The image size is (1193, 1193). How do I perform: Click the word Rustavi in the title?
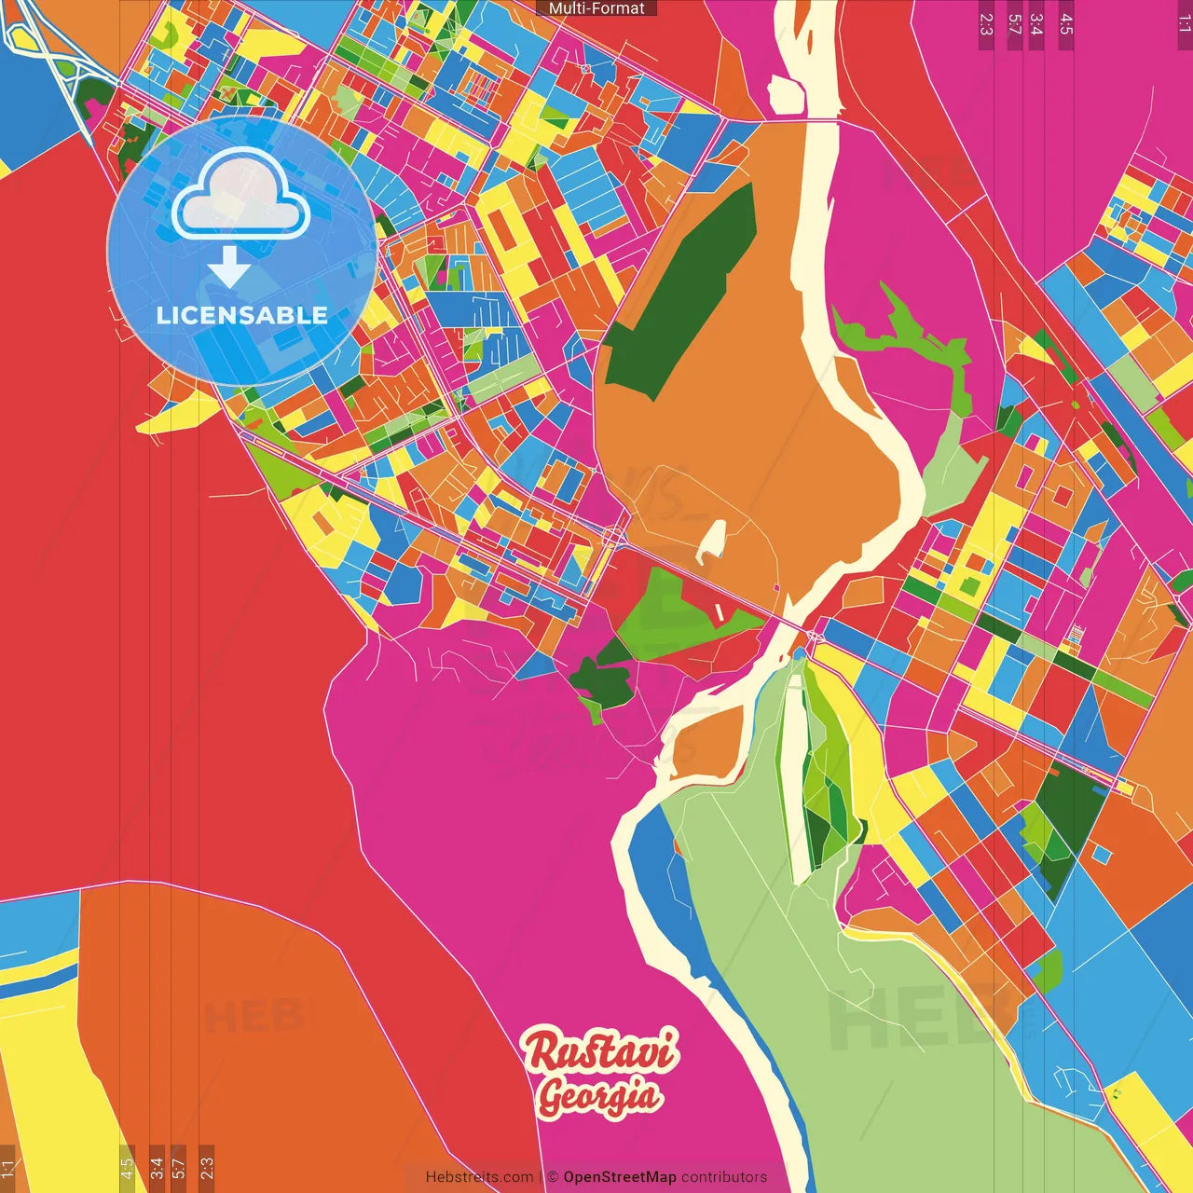pyautogui.click(x=599, y=1050)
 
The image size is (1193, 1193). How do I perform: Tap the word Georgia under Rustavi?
pyautogui.click(x=599, y=1096)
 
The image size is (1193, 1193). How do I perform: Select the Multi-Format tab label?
pyautogui.click(x=596, y=8)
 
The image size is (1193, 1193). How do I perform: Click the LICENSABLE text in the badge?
pyautogui.click(x=241, y=315)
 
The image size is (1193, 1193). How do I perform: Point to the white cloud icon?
pyautogui.click(x=241, y=195)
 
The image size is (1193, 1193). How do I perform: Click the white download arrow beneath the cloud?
pyautogui.click(x=228, y=267)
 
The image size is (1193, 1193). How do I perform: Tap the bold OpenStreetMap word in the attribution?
pyautogui.click(x=619, y=1177)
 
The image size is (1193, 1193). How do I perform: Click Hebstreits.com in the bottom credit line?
pyautogui.click(x=479, y=1177)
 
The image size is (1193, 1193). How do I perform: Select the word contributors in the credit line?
pyautogui.click(x=723, y=1177)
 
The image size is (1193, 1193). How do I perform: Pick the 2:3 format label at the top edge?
pyautogui.click(x=986, y=24)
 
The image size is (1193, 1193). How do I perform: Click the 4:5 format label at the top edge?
pyautogui.click(x=1066, y=24)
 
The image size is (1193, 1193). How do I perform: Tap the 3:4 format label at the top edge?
pyautogui.click(x=1035, y=24)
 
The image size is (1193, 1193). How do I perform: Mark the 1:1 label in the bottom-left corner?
pyautogui.click(x=7, y=1169)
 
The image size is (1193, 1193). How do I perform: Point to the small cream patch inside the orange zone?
pyautogui.click(x=713, y=541)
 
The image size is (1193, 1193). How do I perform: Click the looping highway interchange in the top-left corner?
pyautogui.click(x=56, y=56)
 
